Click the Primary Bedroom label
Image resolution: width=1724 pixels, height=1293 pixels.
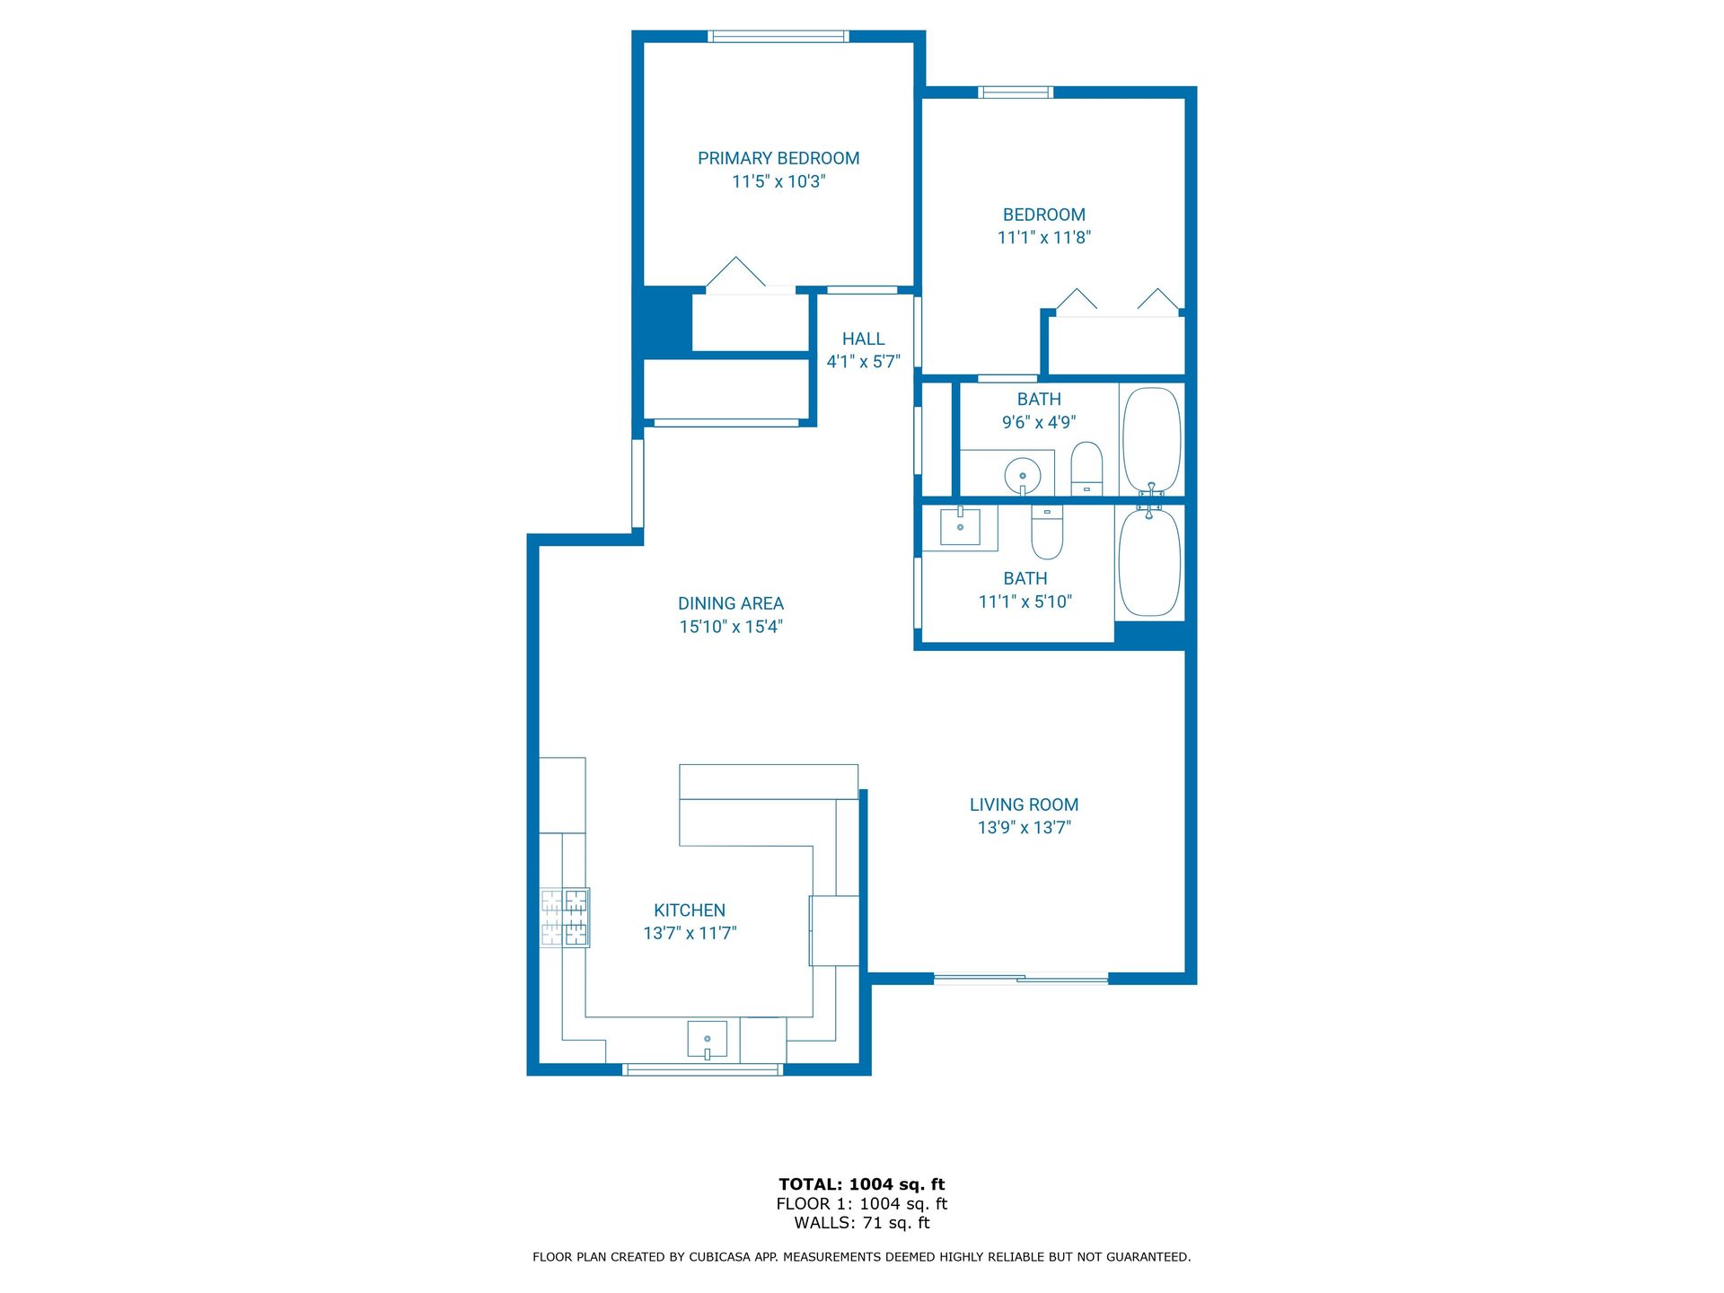coord(778,159)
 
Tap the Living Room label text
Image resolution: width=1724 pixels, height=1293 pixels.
coord(1024,805)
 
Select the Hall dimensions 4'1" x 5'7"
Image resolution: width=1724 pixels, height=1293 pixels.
coord(863,362)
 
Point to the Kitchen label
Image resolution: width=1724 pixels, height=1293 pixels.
coord(690,910)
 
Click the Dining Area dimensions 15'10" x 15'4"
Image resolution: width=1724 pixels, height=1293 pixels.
coord(731,627)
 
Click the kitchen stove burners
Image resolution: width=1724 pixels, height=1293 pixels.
coord(565,918)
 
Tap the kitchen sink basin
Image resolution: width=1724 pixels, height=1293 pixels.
coord(708,1040)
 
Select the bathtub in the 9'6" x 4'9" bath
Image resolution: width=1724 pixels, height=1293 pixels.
coord(1152,440)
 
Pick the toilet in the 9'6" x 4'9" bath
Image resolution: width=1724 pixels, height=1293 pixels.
coord(1086,468)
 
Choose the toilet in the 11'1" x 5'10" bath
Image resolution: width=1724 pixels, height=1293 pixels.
coord(1047,532)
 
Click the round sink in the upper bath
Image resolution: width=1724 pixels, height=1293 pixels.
coord(1022,474)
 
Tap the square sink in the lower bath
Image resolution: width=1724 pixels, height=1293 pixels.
coord(960,526)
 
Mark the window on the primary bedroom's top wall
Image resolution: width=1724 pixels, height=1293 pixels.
coord(778,37)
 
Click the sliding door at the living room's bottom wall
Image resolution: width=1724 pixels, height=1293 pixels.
coord(1021,979)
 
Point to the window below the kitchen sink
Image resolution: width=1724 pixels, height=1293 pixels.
coord(703,1069)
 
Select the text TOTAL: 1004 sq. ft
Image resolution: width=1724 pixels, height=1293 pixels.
coord(862,1184)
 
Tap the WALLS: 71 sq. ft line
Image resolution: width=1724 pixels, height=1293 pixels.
coord(862,1223)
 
